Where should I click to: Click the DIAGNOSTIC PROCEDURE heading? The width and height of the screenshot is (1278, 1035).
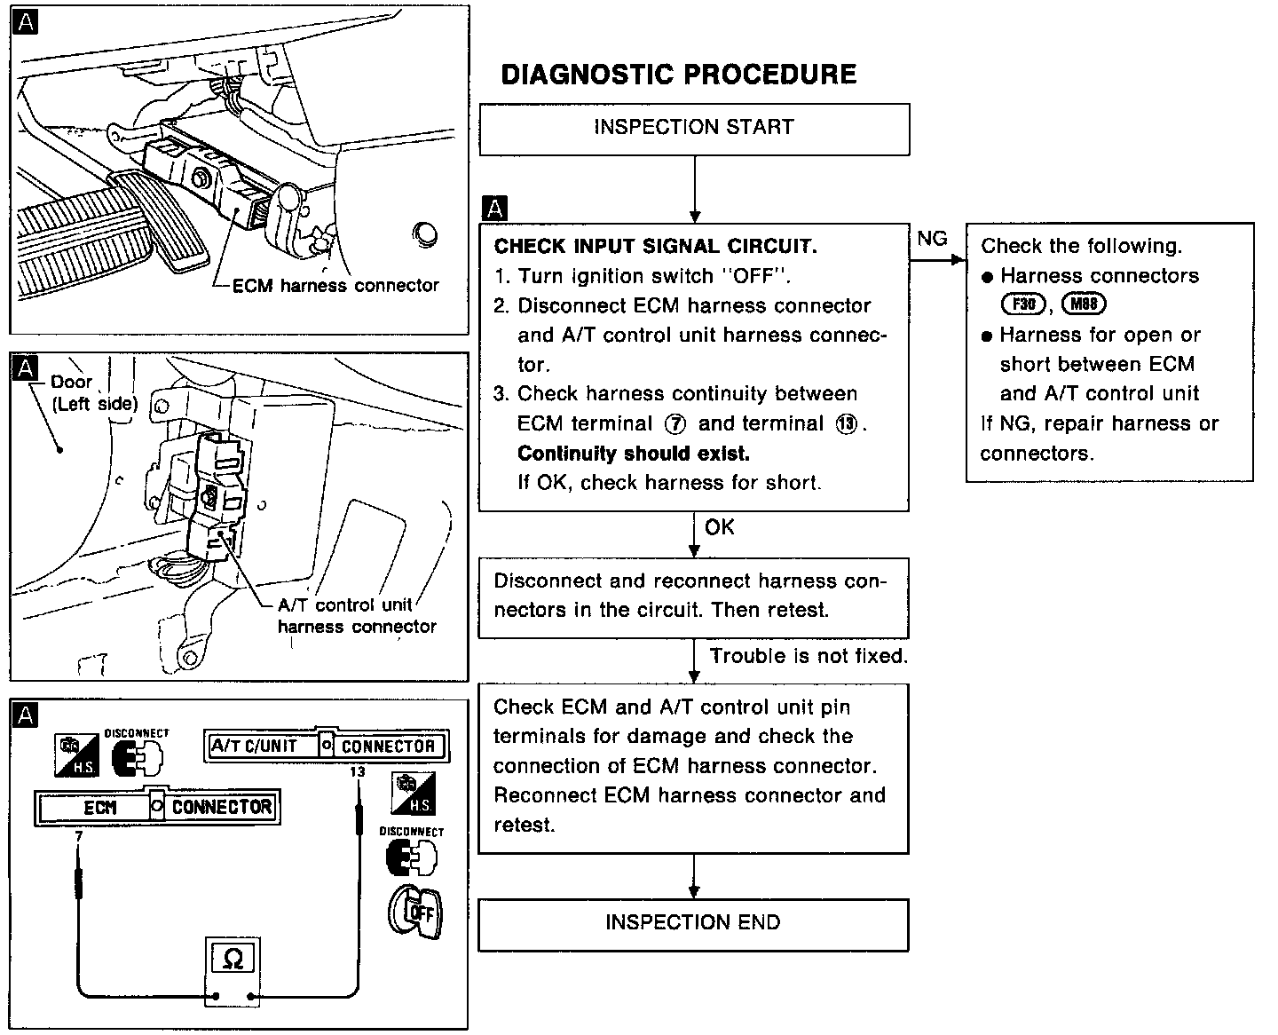(x=679, y=75)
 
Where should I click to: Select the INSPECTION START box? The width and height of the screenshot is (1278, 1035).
(x=694, y=128)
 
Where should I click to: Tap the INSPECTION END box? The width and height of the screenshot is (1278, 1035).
(x=693, y=923)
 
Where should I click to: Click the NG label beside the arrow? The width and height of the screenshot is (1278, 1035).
(x=932, y=239)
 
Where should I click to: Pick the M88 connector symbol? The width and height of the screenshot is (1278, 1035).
(x=1084, y=304)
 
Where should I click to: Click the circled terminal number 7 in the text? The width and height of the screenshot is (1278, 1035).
(x=675, y=424)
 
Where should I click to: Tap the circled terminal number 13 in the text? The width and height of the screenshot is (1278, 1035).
(x=847, y=424)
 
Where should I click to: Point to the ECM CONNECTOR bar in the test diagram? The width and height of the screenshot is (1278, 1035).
(x=156, y=807)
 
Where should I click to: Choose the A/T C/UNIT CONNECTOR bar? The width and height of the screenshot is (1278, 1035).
(x=325, y=746)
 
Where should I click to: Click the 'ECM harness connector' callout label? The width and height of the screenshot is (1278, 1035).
(x=335, y=286)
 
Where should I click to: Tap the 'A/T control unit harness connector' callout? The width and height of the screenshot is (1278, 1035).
(x=357, y=616)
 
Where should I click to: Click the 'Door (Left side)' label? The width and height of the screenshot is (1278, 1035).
(x=93, y=392)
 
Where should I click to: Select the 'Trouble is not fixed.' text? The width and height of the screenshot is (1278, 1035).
(x=809, y=657)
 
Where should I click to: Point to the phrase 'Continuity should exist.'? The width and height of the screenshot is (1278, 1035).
(x=634, y=454)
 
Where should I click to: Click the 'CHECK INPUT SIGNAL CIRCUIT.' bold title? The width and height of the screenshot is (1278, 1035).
(x=656, y=247)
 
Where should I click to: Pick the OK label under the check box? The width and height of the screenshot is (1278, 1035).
(x=720, y=528)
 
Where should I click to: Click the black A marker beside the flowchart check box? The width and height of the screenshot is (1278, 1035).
(x=494, y=209)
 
